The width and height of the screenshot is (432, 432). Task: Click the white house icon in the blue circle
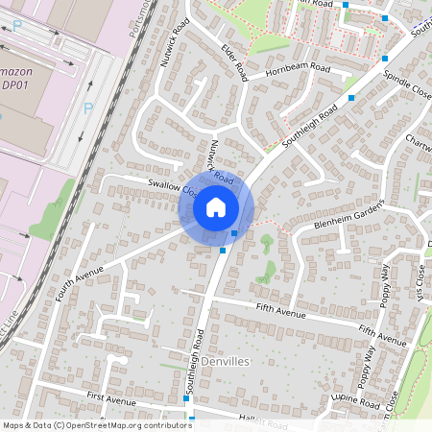pyautogui.click(x=216, y=206)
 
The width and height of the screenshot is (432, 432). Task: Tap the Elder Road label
pyautogui.click(x=235, y=61)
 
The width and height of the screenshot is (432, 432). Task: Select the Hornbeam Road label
pyautogui.click(x=298, y=70)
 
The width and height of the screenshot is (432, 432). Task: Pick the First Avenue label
pyautogui.click(x=108, y=396)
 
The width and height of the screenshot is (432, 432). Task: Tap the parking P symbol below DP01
pyautogui.click(x=87, y=108)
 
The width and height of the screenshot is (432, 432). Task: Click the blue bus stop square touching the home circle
pyautogui.click(x=235, y=233)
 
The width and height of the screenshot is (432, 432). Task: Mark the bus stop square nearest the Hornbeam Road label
pyautogui.click(x=351, y=98)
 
